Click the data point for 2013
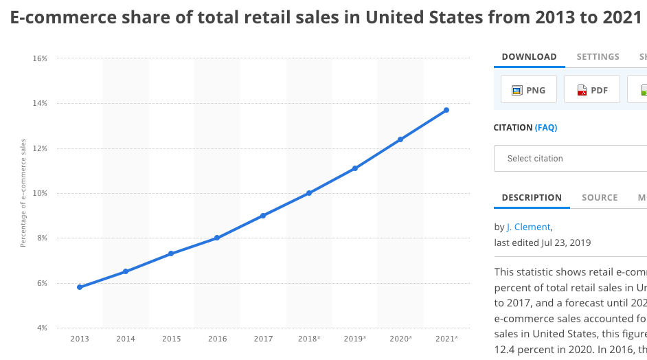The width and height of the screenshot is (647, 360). point(80,287)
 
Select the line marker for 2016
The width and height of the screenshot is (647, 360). point(217,238)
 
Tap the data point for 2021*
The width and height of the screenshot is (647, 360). point(446,110)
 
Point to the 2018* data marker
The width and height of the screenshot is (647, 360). point(309,193)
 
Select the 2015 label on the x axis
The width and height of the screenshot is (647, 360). point(172,339)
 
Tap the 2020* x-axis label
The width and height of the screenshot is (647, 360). point(401,339)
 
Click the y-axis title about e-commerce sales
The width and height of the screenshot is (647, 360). point(23,193)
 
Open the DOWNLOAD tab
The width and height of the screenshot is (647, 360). point(529,57)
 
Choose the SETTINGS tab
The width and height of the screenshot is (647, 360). point(598,57)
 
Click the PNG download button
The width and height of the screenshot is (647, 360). point(528,90)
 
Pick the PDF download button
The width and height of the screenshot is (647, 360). point(591,90)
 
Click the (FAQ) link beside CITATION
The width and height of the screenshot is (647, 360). point(546,128)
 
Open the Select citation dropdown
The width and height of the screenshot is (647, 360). point(570,159)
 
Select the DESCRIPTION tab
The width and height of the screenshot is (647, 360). point(532,198)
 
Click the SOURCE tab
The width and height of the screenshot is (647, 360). point(600,198)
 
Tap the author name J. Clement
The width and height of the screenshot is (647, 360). point(528,227)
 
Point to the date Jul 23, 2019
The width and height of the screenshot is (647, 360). point(565,243)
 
